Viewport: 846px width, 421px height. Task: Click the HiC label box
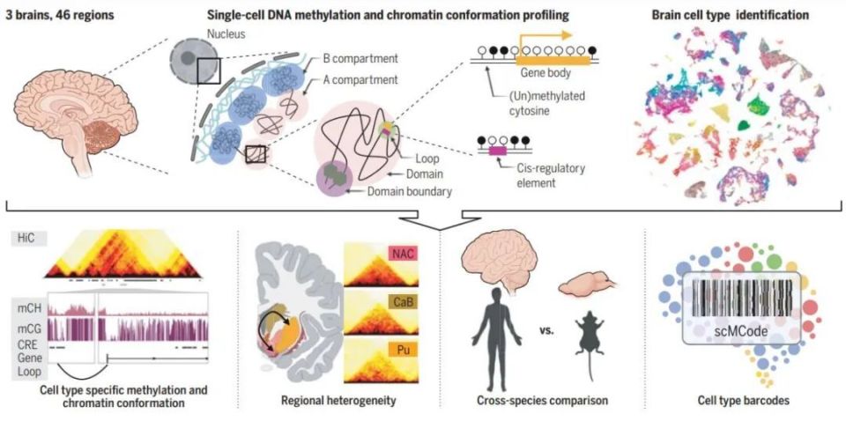click(29, 239)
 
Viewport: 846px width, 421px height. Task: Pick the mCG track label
click(29, 329)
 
